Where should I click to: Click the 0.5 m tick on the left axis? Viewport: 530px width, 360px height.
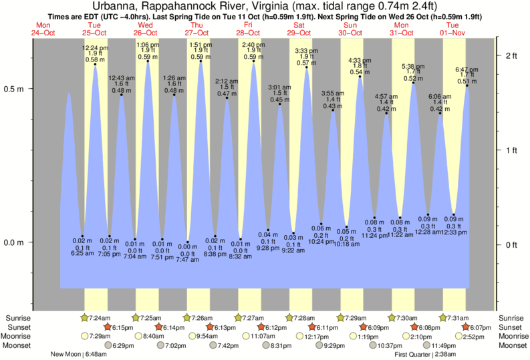tap(17, 88)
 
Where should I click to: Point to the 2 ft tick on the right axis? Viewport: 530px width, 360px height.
tap(511, 55)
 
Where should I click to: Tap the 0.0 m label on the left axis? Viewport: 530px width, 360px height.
tap(17, 242)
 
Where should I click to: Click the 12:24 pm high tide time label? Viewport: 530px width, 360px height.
tap(95, 48)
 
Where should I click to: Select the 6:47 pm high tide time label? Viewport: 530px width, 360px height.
tap(467, 69)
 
